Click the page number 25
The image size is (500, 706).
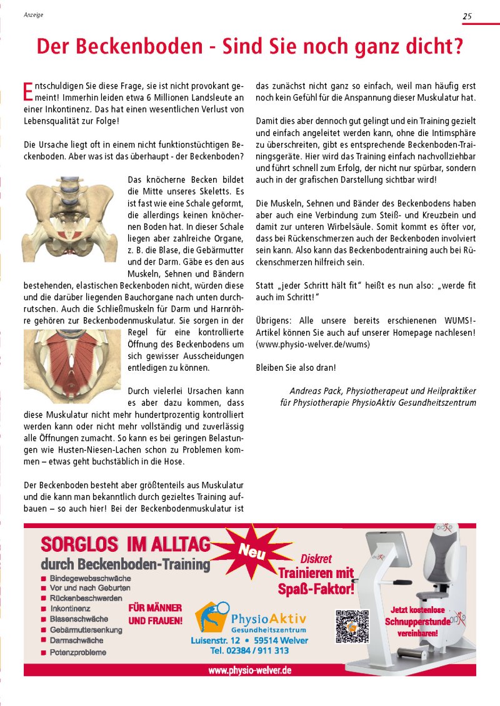[x=467, y=17]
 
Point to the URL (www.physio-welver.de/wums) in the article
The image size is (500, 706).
[x=312, y=344]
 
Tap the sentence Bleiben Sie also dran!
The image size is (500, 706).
[x=296, y=368]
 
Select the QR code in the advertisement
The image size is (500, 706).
[x=352, y=626]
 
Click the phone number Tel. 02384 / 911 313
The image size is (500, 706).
[x=249, y=650]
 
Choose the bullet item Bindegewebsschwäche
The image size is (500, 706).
[x=90, y=578]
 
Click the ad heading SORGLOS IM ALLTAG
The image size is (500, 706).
[x=125, y=544]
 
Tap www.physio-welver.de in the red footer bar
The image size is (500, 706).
[x=249, y=670]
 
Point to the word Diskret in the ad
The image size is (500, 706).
[x=316, y=559]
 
